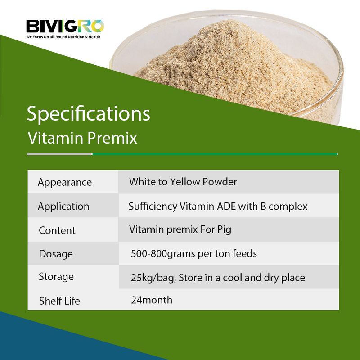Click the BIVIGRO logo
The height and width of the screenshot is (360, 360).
65,26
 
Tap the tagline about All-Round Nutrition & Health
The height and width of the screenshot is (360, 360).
63,36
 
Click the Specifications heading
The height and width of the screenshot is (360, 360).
89,114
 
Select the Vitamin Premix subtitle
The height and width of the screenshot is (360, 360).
82,138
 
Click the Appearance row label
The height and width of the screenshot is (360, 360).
65,182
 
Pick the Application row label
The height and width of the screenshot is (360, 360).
63,206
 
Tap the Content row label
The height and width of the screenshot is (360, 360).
57,230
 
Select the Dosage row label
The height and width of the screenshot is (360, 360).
56,254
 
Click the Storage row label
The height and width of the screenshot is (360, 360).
56,276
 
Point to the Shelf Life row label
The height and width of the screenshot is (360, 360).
59,301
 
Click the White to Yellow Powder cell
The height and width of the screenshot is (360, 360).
183,182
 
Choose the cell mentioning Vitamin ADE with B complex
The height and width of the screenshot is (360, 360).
218,206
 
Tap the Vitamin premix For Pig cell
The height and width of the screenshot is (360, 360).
180,229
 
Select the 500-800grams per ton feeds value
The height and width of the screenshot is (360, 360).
194,253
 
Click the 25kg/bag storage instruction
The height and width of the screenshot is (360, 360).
218,277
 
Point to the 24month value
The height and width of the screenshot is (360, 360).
152,300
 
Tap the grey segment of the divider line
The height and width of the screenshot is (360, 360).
59,154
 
